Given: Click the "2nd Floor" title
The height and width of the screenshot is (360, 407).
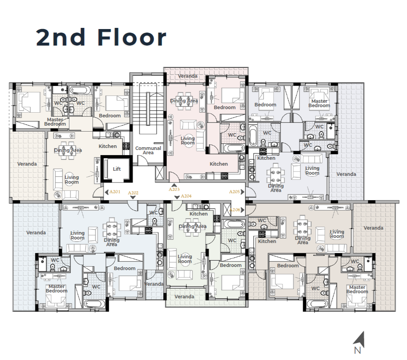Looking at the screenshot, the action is pos(101,37).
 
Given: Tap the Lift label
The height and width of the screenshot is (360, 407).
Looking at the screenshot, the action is pos(117,169).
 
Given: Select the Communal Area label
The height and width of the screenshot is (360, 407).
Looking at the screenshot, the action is pos(148,150).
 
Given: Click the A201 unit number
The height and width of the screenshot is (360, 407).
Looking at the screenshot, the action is pos(115,192).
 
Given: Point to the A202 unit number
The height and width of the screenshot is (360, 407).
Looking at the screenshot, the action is pos(133,193).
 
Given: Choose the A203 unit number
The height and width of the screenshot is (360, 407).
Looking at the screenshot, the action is pos(174,190).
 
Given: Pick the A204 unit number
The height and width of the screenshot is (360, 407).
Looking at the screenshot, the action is pos(186,196).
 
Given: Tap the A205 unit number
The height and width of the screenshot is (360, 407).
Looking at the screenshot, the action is pos(234,192).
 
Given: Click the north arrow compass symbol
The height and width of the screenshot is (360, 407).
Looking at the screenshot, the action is pos(359,339).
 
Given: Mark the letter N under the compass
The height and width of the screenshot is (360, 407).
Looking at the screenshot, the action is pos(358,351).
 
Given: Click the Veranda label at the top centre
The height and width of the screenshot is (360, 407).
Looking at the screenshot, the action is pos(188,76).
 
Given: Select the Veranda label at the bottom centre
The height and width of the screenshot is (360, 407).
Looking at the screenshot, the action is pos(184,297).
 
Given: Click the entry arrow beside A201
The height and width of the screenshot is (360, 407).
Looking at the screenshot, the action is pos(106,192).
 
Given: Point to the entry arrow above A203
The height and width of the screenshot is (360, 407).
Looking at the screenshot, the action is pos(174,185).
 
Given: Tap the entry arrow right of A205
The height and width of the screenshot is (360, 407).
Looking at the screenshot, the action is pos(243,192).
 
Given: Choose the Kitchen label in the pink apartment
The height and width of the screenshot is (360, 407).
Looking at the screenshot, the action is pos(219,164).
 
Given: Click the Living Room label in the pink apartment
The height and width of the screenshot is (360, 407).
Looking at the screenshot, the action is pos(188,141).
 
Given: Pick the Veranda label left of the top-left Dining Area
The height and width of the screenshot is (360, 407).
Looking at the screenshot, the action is pos(27,164).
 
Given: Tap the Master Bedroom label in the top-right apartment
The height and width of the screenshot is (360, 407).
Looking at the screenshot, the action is pos(319,103).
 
